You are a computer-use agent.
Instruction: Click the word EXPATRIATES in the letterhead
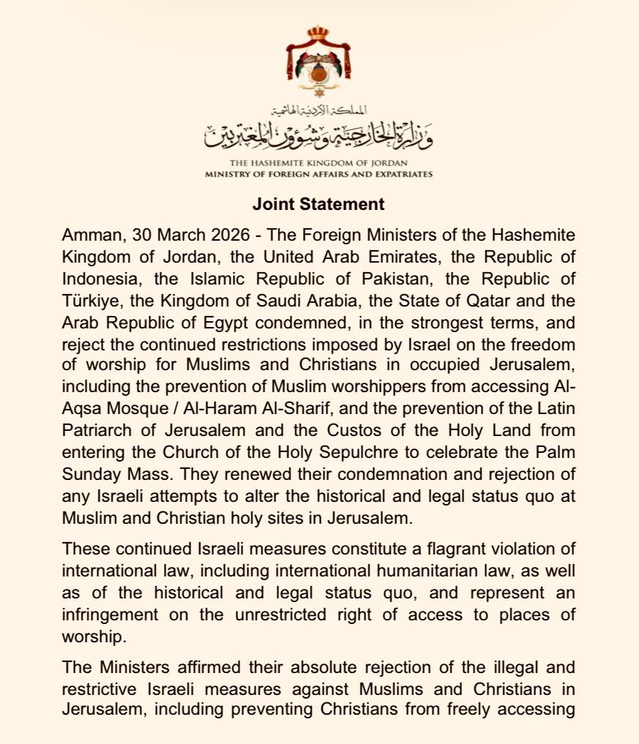click(402, 174)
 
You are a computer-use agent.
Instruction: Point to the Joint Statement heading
click(318, 204)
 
